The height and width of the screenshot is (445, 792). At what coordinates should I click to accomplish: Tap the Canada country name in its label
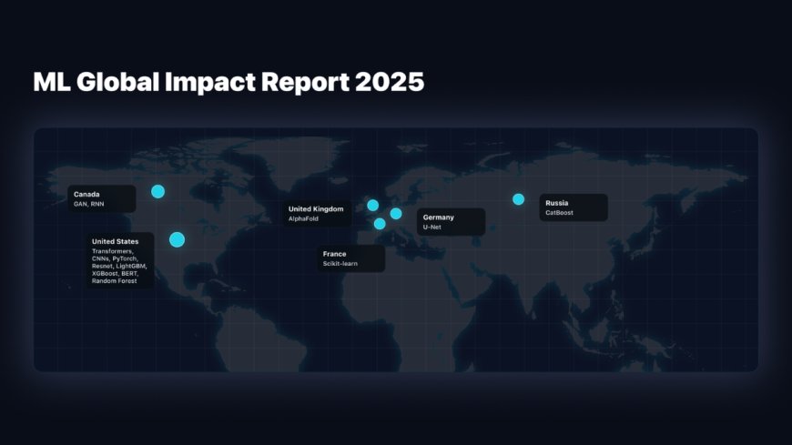click(x=86, y=194)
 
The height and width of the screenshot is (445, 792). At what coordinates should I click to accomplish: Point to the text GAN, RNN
click(x=89, y=204)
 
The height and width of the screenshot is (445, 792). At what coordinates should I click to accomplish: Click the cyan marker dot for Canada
click(x=157, y=191)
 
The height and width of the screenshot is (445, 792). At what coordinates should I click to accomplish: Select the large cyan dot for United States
click(x=177, y=239)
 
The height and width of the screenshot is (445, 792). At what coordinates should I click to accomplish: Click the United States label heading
click(x=115, y=241)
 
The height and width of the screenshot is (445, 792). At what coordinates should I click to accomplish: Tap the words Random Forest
click(x=114, y=280)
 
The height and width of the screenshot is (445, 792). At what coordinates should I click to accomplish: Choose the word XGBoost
click(x=106, y=273)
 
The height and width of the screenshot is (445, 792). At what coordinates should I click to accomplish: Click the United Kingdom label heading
click(x=316, y=209)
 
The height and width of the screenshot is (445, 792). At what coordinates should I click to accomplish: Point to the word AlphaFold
click(x=303, y=219)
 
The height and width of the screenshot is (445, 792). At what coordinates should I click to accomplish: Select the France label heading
click(x=334, y=254)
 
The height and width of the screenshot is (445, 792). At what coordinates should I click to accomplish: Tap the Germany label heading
click(x=438, y=217)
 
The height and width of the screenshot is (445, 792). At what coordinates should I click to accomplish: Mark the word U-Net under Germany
click(x=432, y=227)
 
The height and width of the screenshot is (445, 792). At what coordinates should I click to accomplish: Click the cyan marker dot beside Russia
click(x=518, y=199)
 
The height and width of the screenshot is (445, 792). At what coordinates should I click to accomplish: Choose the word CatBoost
click(x=559, y=213)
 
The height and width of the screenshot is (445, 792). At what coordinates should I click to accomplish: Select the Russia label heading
click(x=556, y=202)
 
